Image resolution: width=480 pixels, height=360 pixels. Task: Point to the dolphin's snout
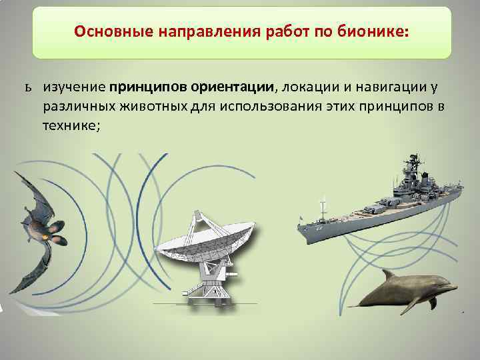[453, 288]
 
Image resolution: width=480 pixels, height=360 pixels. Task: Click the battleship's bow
[303, 233]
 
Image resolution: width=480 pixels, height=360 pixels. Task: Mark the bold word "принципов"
[149, 88]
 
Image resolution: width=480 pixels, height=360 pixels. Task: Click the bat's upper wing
[30, 193]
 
